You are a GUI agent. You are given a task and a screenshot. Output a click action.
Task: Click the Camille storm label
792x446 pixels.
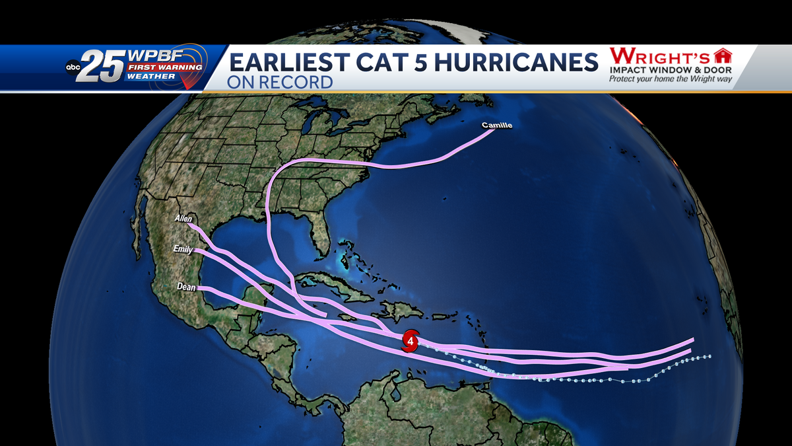click(x=496, y=125)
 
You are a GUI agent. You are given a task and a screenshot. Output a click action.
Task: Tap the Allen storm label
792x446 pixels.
click(x=183, y=218)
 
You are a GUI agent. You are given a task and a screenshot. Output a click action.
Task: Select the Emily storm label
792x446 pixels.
click(x=183, y=249)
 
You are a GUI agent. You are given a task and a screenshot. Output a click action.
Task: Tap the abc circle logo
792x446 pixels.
click(x=73, y=67)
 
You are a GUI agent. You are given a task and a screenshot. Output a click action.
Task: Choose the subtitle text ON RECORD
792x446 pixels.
click(x=280, y=83)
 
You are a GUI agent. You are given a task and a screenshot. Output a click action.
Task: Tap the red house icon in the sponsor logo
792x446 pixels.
click(x=724, y=56)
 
